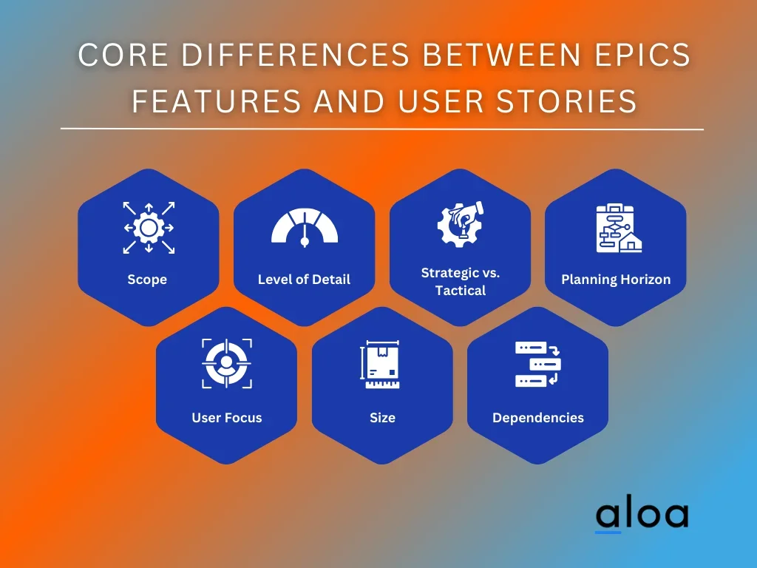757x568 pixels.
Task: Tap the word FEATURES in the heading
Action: pos(217,101)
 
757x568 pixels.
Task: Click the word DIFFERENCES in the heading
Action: pos(295,54)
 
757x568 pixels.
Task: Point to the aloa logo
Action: pos(642,515)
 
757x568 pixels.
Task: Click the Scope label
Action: pos(147,279)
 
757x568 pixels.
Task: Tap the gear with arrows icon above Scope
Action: pos(149,228)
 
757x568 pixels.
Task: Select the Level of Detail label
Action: pos(304,279)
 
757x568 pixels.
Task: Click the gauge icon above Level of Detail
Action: pos(305,228)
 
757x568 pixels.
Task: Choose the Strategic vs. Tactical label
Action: pos(461,282)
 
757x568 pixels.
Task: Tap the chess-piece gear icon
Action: pos(460,225)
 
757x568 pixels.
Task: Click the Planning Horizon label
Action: pos(616,279)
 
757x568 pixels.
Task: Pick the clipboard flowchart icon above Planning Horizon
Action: pos(619,228)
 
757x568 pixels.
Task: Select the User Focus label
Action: pos(227,417)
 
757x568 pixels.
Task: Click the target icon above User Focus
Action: pos(227,363)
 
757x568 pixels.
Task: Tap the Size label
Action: pos(382,417)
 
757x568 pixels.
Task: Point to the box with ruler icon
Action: pos(380,365)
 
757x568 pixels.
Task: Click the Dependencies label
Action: pos(538,417)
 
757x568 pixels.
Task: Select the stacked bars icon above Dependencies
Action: pos(538,364)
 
